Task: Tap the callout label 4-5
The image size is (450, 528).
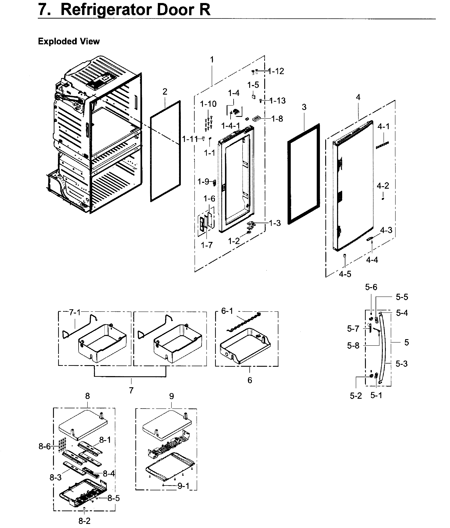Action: click(345, 274)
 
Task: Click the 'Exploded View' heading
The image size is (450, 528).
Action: click(69, 41)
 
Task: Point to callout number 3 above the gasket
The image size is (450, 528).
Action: click(304, 107)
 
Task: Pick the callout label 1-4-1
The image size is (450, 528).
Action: click(230, 126)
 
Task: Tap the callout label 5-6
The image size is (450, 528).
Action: click(371, 287)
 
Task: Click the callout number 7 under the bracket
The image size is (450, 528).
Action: click(131, 390)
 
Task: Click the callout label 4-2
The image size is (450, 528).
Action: click(383, 186)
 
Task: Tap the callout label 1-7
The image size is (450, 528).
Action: click(207, 245)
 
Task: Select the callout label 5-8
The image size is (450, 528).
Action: click(353, 346)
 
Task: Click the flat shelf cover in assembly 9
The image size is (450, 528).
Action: click(167, 425)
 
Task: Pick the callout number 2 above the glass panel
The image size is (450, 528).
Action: click(165, 92)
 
